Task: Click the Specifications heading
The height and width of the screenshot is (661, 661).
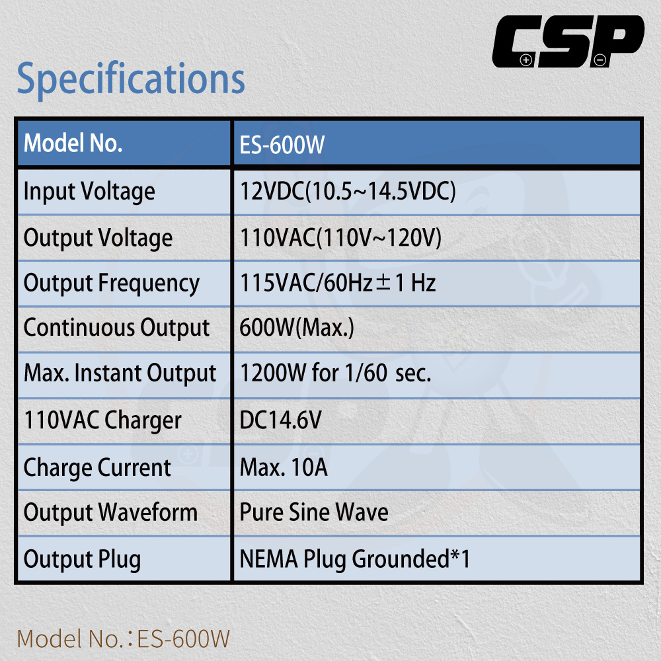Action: tap(131, 79)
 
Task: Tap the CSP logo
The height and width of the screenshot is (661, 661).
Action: tap(568, 41)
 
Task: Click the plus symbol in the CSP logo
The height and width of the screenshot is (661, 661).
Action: tap(525, 60)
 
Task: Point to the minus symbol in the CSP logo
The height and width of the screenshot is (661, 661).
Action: tap(600, 60)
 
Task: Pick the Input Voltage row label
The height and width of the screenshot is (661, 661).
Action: tap(89, 192)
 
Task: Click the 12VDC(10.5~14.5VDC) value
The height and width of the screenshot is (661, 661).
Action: tap(348, 192)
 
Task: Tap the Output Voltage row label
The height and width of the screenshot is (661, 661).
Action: tap(98, 238)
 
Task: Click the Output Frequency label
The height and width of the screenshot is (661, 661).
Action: tap(112, 284)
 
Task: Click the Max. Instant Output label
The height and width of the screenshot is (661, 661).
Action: tap(120, 373)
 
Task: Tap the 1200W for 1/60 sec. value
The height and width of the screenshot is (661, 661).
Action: tap(336, 373)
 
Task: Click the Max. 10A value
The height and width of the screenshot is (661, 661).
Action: tap(284, 467)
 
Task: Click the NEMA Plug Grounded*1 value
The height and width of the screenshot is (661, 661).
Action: tap(355, 559)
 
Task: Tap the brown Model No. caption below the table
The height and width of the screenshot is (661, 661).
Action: tap(124, 639)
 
